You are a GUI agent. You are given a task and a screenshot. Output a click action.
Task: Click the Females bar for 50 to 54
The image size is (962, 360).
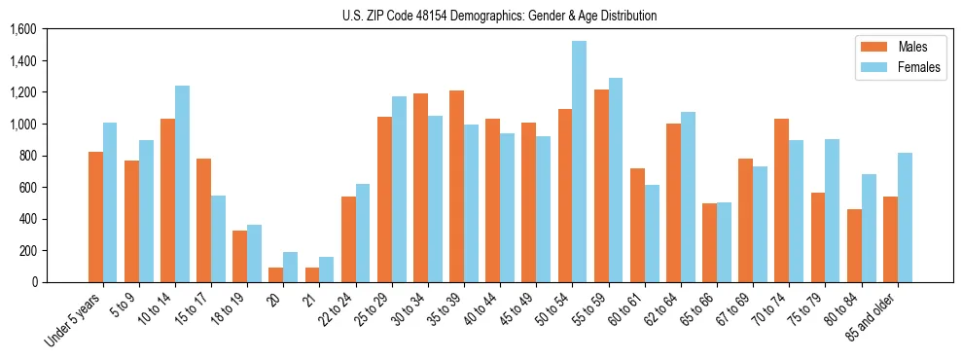pyautogui.click(x=579, y=162)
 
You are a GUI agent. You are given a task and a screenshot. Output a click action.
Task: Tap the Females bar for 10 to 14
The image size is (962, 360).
pyautogui.click(x=182, y=184)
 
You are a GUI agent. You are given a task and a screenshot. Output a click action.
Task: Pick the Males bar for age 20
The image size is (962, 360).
pyautogui.click(x=276, y=274)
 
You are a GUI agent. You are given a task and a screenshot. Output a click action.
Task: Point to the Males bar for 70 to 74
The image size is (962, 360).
pyautogui.click(x=781, y=200)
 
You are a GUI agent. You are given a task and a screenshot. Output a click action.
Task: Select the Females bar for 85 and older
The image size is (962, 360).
pyautogui.click(x=904, y=217)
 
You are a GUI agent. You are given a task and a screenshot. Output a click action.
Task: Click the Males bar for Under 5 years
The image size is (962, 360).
pyautogui.click(x=95, y=217)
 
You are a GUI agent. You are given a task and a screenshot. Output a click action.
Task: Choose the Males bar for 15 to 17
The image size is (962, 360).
pyautogui.click(x=204, y=220)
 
